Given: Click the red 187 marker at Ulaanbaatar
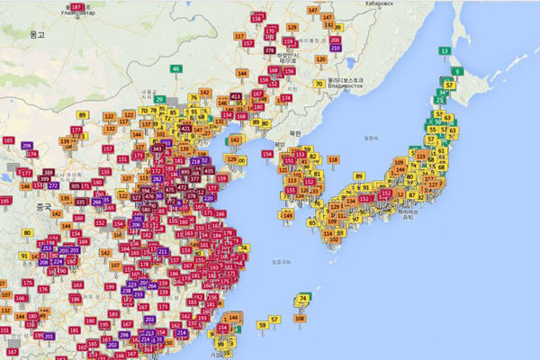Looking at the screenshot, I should (x=76, y=8).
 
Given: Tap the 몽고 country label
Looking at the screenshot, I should (x=37, y=33).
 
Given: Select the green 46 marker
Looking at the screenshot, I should (x=176, y=69).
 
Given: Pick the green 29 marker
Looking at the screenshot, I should (x=160, y=100).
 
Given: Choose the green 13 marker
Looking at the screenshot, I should (x=445, y=51).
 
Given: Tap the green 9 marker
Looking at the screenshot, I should (x=457, y=71).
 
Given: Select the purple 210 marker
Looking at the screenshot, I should (x=336, y=48).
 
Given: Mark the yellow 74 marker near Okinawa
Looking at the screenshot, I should (x=304, y=299).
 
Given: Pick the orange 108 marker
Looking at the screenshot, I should (x=299, y=318).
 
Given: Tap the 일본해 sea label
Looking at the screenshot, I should (x=370, y=138).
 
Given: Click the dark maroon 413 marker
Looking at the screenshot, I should (x=236, y=96).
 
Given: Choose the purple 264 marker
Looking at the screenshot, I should (x=152, y=286).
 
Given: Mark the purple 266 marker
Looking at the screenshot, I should (x=97, y=202).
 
